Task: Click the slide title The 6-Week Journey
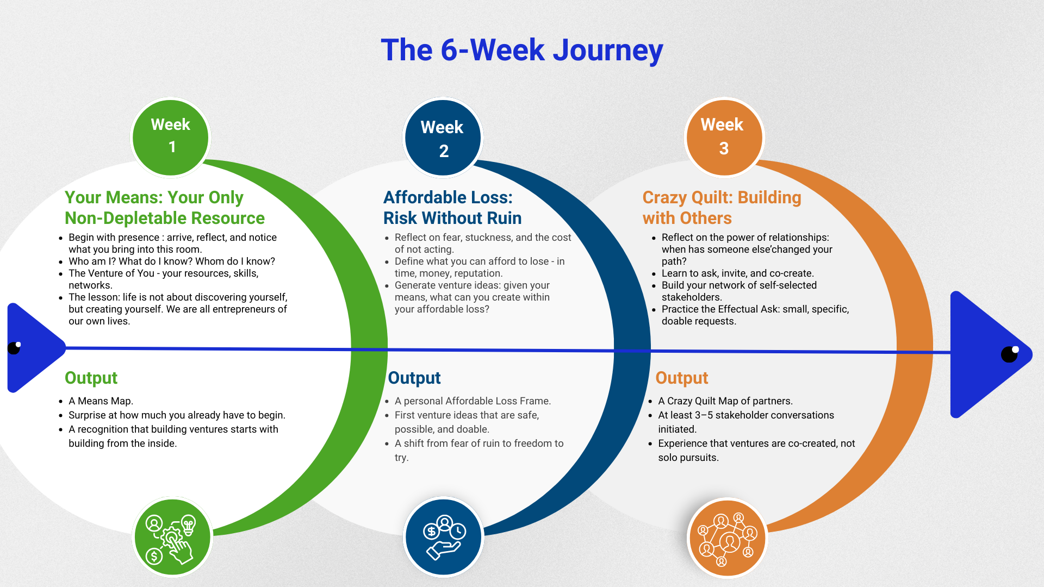522,50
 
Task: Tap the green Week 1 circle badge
171,137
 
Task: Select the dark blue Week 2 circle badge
443,138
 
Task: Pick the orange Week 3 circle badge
724,137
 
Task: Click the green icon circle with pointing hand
172,537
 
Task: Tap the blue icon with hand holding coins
444,537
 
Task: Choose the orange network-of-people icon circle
727,538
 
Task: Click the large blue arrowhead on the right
984,354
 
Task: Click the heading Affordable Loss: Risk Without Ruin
452,208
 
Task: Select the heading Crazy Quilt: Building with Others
722,208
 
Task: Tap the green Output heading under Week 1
91,378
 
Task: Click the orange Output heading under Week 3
681,378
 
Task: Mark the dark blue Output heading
414,378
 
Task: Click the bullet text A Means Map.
101,401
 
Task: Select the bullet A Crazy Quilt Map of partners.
725,401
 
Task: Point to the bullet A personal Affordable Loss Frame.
473,401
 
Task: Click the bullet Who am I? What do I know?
172,261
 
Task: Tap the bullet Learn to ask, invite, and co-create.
737,273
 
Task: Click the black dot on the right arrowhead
1009,354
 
